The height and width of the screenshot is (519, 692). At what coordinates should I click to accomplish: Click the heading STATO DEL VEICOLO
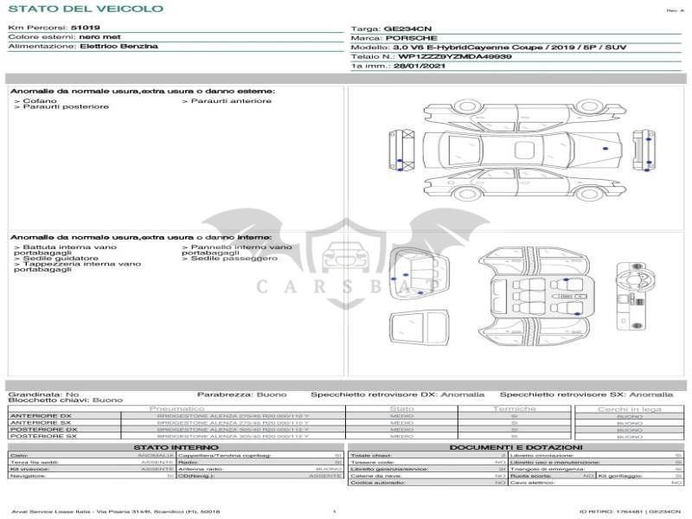85,9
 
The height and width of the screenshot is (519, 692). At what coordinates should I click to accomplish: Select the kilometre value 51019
85,29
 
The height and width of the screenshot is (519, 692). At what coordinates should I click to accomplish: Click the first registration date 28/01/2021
418,66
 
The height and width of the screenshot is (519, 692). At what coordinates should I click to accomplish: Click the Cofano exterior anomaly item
38,100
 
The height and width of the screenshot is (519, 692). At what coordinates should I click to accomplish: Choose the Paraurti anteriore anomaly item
229,100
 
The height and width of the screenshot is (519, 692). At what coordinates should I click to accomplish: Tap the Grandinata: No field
43,394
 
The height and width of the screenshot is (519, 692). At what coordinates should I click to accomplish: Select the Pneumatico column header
176,408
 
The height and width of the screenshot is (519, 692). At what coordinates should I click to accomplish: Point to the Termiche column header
515,408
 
